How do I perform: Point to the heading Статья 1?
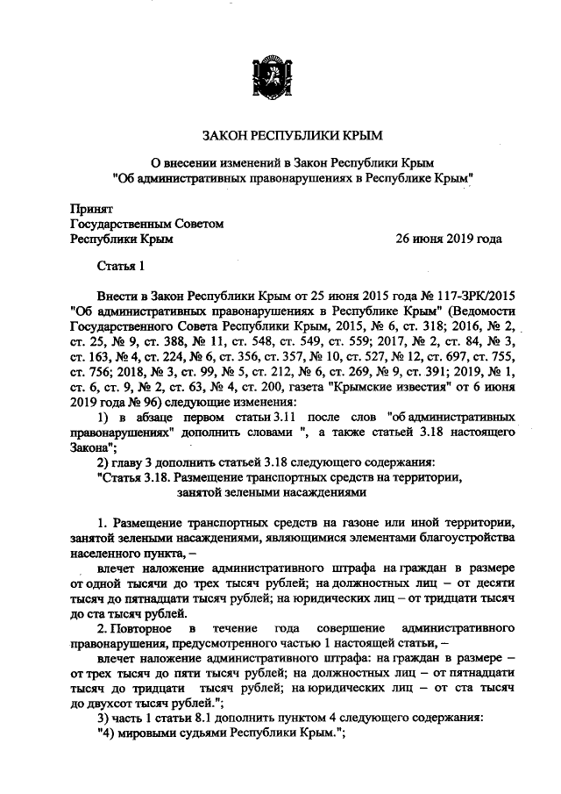pyautogui.click(x=119, y=266)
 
